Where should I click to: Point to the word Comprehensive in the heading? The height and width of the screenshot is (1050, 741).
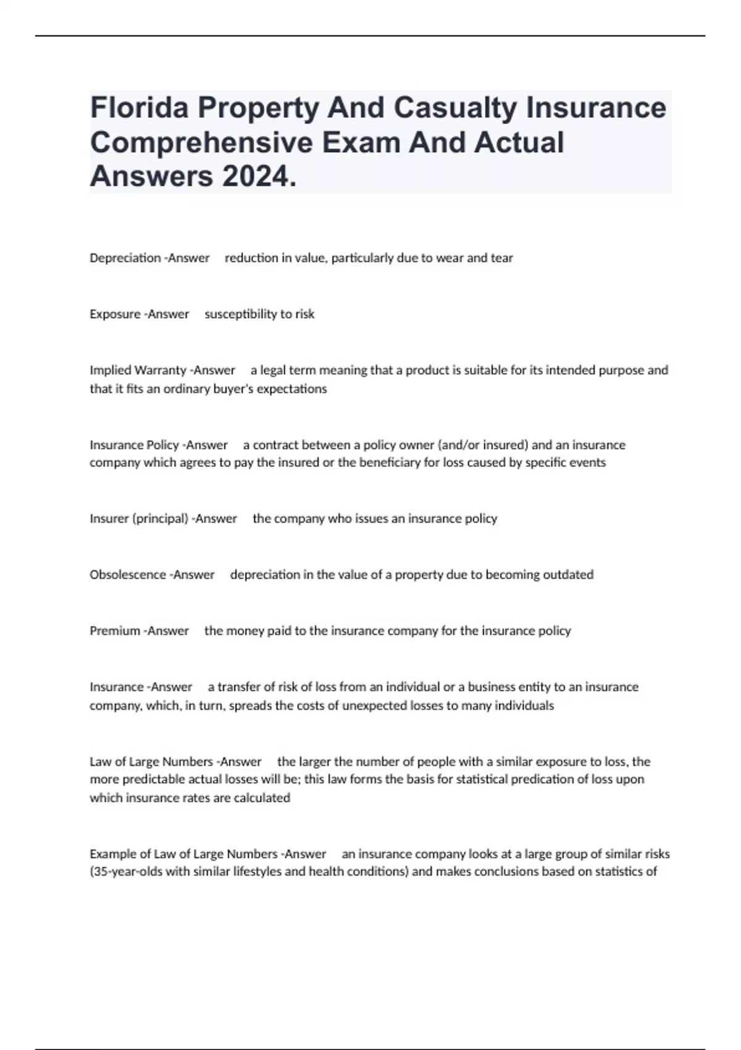coord(201,142)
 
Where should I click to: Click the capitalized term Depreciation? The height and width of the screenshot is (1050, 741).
coord(125,258)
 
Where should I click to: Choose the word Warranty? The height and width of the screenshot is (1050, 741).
coord(160,371)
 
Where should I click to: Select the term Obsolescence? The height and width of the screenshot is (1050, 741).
coord(127,575)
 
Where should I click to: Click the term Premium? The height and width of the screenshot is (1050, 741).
coord(115,631)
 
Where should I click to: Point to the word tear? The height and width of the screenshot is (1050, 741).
coord(502,258)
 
